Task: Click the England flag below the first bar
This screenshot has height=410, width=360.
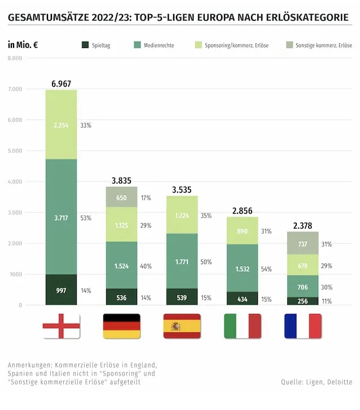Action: click(61, 326)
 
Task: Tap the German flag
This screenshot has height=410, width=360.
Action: click(121, 326)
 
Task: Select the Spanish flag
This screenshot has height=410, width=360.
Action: click(182, 326)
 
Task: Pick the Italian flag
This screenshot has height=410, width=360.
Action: click(242, 326)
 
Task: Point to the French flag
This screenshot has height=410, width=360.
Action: click(302, 326)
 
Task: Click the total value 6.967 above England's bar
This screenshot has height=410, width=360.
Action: click(61, 84)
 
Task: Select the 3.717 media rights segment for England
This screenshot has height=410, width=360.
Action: click(61, 218)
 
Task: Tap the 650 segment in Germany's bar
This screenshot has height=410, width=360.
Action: click(121, 198)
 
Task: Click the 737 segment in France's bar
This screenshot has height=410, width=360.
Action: click(302, 244)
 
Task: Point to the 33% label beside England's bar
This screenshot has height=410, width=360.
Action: click(85, 125)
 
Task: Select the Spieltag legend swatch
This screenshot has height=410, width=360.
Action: click(85, 45)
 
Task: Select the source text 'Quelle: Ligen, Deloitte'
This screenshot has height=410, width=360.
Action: click(316, 382)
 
